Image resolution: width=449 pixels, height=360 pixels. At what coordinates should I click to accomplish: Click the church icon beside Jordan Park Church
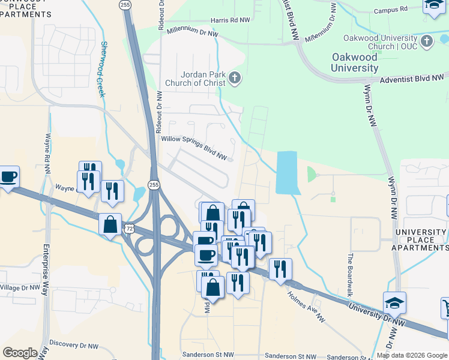click(234, 77)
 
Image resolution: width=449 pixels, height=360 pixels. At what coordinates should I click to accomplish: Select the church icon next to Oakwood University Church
click(427, 41)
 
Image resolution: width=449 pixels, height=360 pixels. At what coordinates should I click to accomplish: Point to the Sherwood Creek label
click(103, 69)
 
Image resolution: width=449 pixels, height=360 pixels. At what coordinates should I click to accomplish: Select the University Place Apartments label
click(420, 240)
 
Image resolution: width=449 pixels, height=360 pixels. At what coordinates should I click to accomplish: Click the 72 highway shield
click(130, 229)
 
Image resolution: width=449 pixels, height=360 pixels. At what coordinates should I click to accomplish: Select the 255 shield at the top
click(125, 4)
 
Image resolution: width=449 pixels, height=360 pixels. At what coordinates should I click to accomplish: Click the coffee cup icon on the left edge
click(8, 177)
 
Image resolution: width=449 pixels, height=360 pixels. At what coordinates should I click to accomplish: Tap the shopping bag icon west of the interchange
click(110, 225)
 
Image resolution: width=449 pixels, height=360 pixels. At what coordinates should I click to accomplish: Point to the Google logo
click(20, 353)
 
